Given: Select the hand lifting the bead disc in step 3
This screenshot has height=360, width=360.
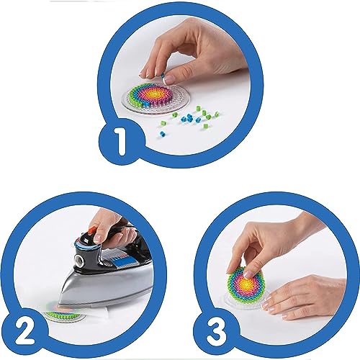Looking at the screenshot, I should (259, 241).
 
